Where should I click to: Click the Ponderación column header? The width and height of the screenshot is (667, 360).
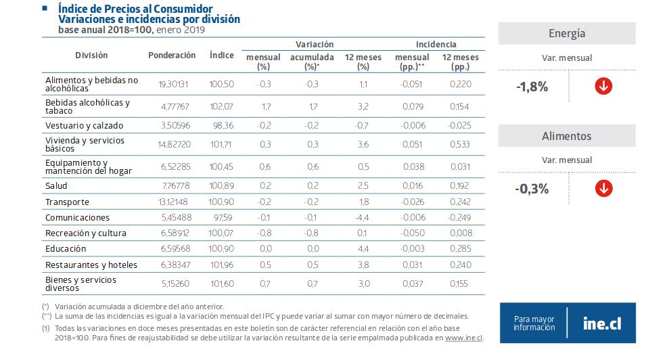point(172,55)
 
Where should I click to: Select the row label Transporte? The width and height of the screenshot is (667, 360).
point(68,202)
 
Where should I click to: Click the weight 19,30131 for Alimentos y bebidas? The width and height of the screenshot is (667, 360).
point(172,84)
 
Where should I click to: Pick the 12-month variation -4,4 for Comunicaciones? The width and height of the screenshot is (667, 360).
point(363,217)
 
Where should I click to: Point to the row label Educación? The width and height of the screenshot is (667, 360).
point(66,249)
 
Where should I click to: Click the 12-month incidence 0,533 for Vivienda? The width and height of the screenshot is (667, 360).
point(459,144)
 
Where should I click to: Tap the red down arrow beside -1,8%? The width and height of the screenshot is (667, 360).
point(603,87)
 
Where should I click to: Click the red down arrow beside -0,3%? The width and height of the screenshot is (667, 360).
point(603,188)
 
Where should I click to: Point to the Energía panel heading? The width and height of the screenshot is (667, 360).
point(566,34)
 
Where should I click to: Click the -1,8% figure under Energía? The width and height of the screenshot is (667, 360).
point(532,87)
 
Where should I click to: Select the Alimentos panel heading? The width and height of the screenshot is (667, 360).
point(566,136)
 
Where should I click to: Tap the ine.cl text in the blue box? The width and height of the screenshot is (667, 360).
point(602,323)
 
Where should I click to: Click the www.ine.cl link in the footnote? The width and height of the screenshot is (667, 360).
point(463,337)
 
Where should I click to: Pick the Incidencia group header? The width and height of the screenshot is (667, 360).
point(436,44)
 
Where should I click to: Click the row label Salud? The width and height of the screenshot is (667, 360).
point(56,185)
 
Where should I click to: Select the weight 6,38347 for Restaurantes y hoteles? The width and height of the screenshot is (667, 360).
point(172,265)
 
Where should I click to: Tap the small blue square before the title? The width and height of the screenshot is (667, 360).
point(44,9)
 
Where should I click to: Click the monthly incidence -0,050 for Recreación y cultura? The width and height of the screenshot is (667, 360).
point(412,233)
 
